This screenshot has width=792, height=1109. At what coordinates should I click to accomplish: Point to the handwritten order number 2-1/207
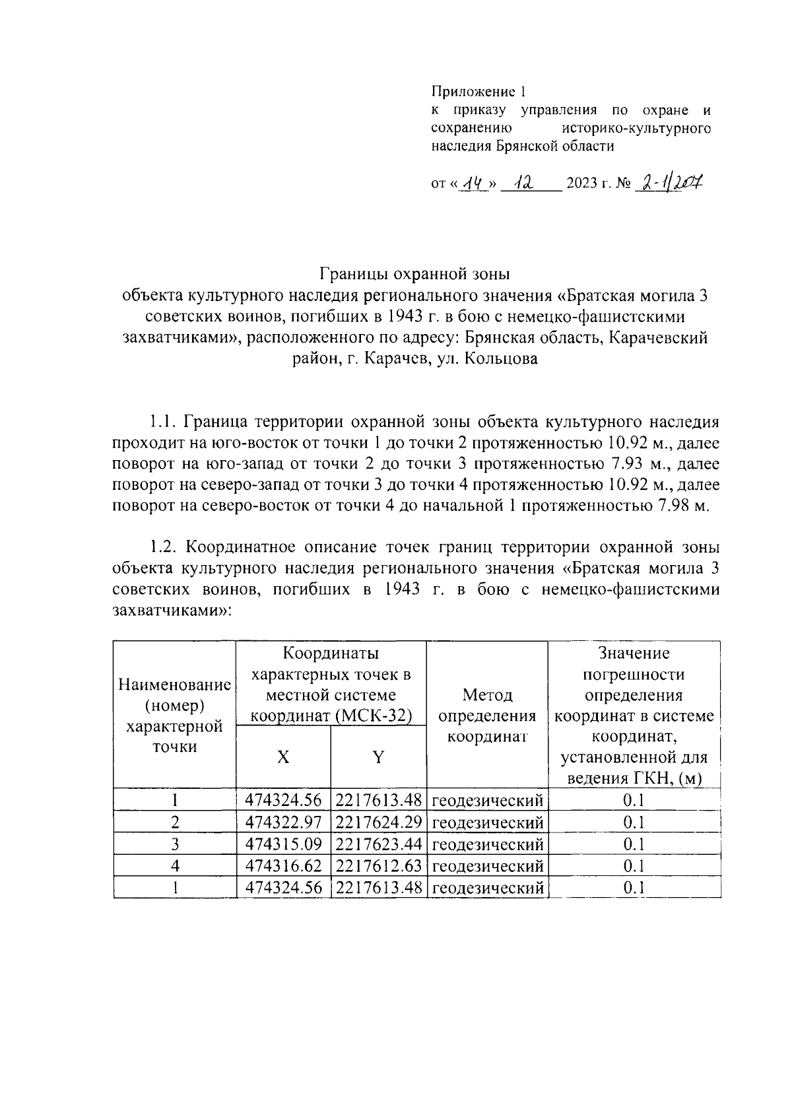pyautogui.click(x=667, y=182)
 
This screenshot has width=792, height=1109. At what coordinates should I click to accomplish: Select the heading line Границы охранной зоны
pyautogui.click(x=416, y=273)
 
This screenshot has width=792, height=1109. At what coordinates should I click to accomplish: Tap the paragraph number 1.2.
pyautogui.click(x=162, y=547)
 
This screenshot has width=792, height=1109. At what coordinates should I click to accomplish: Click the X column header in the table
pyautogui.click(x=283, y=757)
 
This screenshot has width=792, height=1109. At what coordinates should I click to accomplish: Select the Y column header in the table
pyautogui.click(x=378, y=757)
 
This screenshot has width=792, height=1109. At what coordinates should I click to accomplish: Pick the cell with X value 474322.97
pyautogui.click(x=283, y=823)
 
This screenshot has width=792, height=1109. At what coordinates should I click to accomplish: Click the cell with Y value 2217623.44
pyautogui.click(x=378, y=844)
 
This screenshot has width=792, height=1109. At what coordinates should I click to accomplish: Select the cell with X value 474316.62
pyautogui.click(x=283, y=866)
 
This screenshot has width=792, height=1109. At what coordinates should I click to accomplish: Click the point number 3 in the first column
pyautogui.click(x=175, y=844)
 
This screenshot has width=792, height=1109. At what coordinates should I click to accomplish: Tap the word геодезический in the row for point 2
pyautogui.click(x=488, y=823)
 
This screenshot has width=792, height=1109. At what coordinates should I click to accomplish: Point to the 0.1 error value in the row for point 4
pyautogui.click(x=634, y=866)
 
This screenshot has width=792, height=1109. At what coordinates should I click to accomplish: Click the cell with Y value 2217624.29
pyautogui.click(x=378, y=823)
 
